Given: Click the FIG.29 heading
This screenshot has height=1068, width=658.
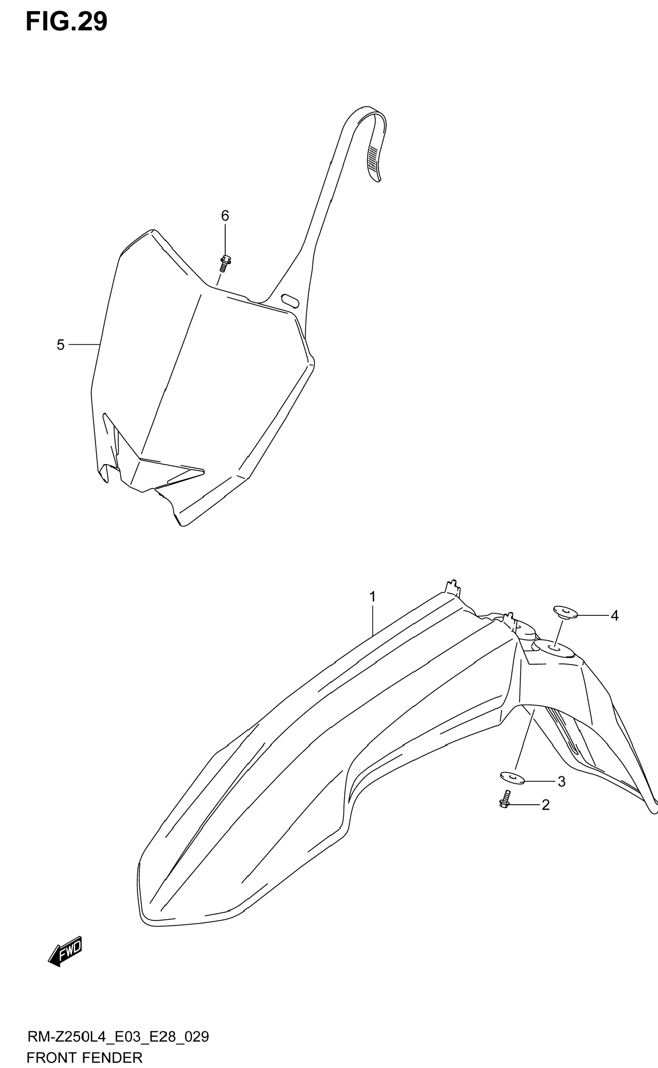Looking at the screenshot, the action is tap(66, 22).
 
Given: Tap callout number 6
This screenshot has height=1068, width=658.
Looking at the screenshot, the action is tap(225, 216).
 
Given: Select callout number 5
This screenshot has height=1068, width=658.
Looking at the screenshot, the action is tap(60, 345).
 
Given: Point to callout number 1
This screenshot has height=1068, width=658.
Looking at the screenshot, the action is tap(373, 596).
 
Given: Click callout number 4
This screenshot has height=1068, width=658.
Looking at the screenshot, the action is tap(614, 616).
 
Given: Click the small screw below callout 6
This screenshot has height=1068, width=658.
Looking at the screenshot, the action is tap(224, 263).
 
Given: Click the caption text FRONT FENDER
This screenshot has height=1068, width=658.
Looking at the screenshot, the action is tap(84, 1057).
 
